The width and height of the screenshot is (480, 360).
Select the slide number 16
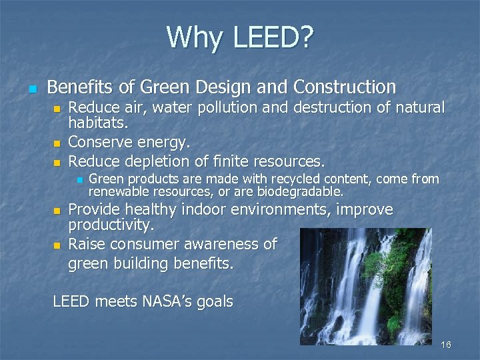pyautogui.click(x=446, y=345)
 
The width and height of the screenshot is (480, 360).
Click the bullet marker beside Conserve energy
pyautogui.click(x=57, y=143)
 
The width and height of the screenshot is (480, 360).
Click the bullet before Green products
pyautogui.click(x=78, y=180)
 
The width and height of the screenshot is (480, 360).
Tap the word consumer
pyautogui.click(x=141, y=244)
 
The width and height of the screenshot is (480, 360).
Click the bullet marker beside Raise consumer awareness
pyautogui.click(x=57, y=245)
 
